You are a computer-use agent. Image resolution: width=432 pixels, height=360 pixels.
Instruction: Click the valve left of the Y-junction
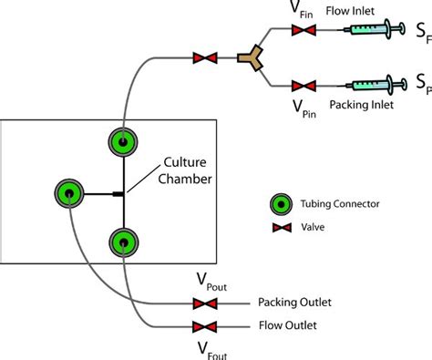(x=203, y=59)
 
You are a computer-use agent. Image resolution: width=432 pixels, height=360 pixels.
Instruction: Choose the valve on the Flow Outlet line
(x=200, y=326)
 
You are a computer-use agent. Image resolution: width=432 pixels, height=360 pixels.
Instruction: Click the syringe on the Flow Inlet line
(x=374, y=31)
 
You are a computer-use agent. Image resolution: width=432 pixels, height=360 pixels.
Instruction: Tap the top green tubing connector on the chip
(x=122, y=141)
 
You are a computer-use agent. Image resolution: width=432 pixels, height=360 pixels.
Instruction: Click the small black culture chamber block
(x=117, y=192)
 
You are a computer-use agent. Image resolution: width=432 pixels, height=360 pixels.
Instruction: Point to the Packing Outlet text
(x=295, y=303)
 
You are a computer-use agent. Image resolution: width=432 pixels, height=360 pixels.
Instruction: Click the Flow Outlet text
(x=288, y=325)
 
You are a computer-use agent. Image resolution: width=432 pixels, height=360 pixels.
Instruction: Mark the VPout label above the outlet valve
(x=207, y=282)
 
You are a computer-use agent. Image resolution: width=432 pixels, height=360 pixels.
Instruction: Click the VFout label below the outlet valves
(x=207, y=348)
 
